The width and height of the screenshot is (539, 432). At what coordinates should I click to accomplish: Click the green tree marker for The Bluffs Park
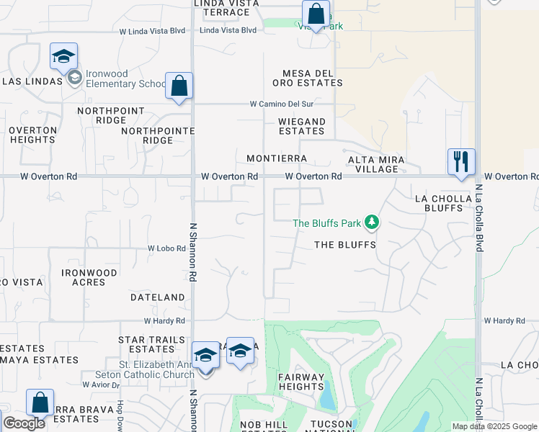pyautogui.click(x=372, y=222)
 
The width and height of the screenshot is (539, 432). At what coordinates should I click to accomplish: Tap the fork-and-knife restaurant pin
pyautogui.click(x=461, y=161)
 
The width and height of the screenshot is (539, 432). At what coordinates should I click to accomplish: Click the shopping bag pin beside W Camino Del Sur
pyautogui.click(x=179, y=86)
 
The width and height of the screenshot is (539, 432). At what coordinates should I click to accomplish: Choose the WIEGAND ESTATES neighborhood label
pyautogui.click(x=302, y=126)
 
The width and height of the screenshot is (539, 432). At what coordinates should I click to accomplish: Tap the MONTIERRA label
pyautogui.click(x=277, y=158)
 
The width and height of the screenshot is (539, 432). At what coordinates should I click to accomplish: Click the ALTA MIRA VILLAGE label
pyautogui.click(x=377, y=164)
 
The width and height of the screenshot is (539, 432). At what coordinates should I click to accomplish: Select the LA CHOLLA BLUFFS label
pyautogui.click(x=438, y=203)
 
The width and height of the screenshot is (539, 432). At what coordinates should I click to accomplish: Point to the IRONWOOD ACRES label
pyautogui.click(x=89, y=277)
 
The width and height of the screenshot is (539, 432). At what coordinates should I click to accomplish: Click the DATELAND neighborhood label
pyautogui.click(x=158, y=297)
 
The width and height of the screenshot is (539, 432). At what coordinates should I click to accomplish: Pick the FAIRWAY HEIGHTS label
pyautogui.click(x=301, y=382)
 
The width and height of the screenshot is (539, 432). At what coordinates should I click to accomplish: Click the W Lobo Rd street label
pyautogui.click(x=167, y=248)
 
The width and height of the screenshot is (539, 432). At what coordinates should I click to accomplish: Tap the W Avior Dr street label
pyautogui.click(x=100, y=384)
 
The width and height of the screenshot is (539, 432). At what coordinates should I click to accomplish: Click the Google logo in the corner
pyautogui.click(x=24, y=423)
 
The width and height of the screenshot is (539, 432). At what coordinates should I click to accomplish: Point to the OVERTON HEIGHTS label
pyautogui.click(x=33, y=135)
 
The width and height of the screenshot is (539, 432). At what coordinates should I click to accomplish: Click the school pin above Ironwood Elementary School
pyautogui.click(x=63, y=56)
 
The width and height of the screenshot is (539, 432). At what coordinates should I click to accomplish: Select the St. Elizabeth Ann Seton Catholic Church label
pyautogui.click(x=144, y=369)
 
